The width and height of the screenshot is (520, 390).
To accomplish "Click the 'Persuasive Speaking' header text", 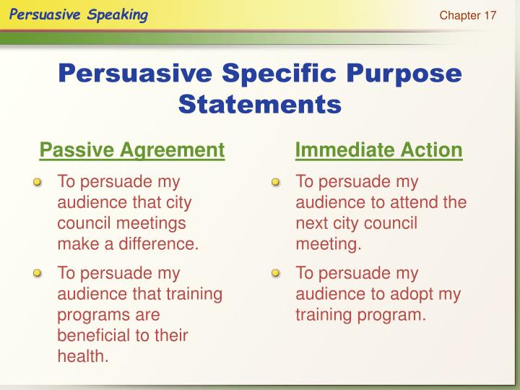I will (x=79, y=15).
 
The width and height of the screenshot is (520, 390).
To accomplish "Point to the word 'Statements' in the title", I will (x=259, y=104).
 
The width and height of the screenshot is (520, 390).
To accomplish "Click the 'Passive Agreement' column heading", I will (x=132, y=150).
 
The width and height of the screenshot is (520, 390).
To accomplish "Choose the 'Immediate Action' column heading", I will (x=378, y=150).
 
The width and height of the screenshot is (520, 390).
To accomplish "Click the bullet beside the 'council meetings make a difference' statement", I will (x=38, y=183).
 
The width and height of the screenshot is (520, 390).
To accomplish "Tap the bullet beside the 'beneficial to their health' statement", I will (x=38, y=274).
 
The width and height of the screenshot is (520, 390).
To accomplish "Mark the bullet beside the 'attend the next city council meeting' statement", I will (x=276, y=183).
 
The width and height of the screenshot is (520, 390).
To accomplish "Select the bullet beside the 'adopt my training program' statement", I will (x=276, y=274).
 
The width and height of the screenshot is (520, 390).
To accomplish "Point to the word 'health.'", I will (x=83, y=356).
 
